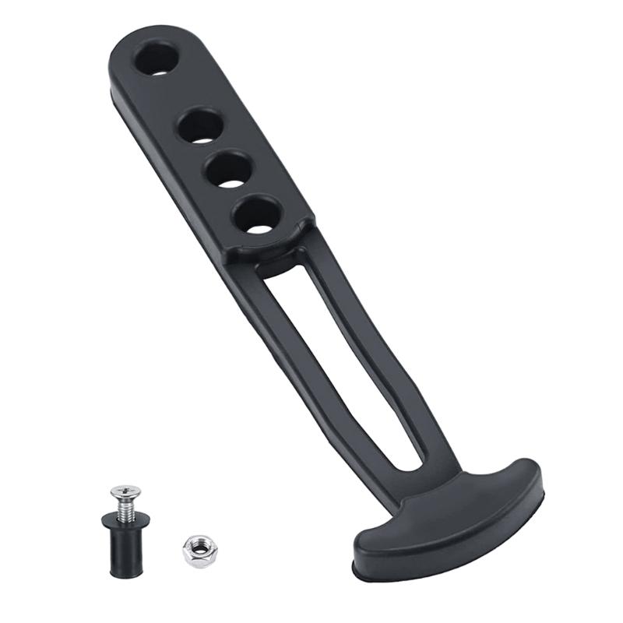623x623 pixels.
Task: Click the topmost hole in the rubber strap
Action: click(x=156, y=58)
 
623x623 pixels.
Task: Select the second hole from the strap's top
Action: click(x=202, y=125)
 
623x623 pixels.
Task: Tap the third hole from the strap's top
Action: click(x=229, y=168)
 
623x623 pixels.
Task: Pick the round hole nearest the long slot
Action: click(x=257, y=214)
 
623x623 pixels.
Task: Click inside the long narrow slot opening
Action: click(x=343, y=358)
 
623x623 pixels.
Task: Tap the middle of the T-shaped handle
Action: click(x=452, y=514)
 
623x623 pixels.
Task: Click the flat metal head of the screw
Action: click(x=125, y=492)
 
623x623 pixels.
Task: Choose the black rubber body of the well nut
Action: click(x=126, y=549)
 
